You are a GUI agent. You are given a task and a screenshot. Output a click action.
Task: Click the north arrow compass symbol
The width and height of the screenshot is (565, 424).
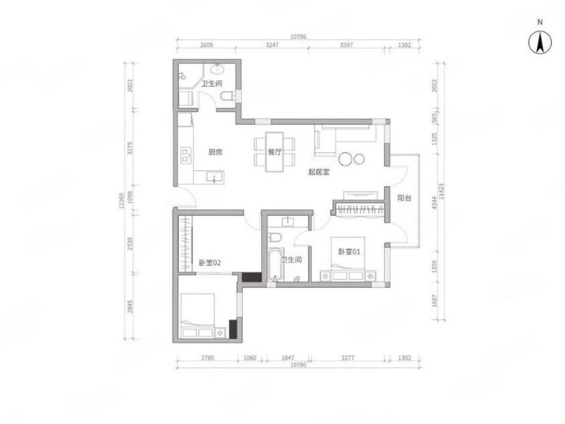[x=540, y=42]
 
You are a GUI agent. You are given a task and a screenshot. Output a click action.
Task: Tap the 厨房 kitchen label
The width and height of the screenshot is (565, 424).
[x=215, y=152]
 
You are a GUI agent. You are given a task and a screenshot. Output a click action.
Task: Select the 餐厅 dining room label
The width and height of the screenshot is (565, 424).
[x=275, y=152]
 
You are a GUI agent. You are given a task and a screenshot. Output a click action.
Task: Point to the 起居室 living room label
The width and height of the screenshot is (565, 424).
[x=319, y=171]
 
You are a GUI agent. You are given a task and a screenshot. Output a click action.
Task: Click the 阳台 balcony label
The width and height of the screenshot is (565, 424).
[x=404, y=198]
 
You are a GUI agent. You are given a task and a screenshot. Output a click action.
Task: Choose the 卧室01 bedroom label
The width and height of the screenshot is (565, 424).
[x=349, y=252]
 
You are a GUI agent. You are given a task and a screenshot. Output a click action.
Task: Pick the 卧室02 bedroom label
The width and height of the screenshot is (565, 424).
[x=210, y=263]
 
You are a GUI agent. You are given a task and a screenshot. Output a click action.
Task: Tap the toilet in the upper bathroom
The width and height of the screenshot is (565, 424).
[x=228, y=96]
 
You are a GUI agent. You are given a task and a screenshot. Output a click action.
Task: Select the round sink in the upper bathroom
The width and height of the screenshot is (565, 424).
[x=218, y=69]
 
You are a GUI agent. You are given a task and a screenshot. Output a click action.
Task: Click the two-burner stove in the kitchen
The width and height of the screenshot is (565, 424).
[x=186, y=155]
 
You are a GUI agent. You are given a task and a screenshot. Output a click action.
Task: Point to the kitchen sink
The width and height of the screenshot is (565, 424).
[x=214, y=177]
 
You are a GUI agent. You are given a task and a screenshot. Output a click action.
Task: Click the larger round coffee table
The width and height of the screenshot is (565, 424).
[x=345, y=159]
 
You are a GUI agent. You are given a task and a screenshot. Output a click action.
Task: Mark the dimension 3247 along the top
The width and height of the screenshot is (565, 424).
[x=272, y=45]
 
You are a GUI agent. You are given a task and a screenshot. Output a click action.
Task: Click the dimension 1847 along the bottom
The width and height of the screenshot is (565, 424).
[x=287, y=358]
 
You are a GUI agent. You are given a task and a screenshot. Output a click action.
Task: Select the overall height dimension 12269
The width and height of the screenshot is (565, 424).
[x=122, y=200]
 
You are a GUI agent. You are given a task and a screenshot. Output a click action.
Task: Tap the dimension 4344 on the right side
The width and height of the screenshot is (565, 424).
[x=434, y=203]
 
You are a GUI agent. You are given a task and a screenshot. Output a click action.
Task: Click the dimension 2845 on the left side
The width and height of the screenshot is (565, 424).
[x=130, y=306]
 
